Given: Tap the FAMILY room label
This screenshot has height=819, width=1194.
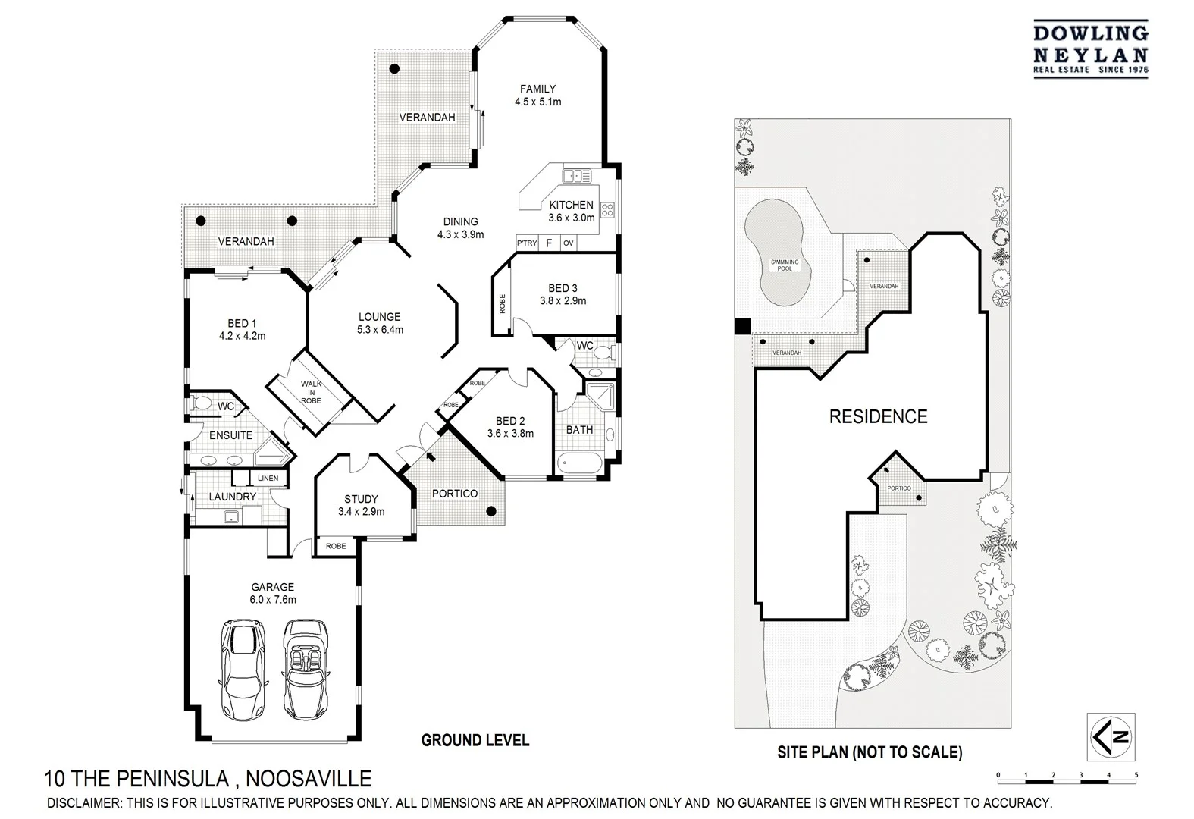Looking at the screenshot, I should [537, 89].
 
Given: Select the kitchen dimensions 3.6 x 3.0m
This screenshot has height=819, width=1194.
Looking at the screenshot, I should [571, 218].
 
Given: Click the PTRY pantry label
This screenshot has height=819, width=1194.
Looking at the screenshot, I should [527, 243].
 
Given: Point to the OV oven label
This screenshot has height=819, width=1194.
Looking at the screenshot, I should [568, 243].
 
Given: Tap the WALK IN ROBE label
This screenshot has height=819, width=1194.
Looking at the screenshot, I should [311, 392].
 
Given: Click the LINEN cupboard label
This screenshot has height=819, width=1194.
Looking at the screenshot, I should [268, 479].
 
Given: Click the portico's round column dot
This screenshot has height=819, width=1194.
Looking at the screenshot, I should [491, 511].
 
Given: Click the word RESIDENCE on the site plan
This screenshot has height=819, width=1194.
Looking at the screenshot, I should [878, 416].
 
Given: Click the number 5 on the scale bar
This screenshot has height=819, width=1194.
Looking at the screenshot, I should [1136, 775].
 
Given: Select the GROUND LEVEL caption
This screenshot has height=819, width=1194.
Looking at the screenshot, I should [475, 740].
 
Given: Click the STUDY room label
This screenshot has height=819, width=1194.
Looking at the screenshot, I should [361, 499].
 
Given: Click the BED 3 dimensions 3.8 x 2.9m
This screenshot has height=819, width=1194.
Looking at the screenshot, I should [563, 301].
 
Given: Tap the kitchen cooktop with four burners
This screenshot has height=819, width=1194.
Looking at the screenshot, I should [608, 209].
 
